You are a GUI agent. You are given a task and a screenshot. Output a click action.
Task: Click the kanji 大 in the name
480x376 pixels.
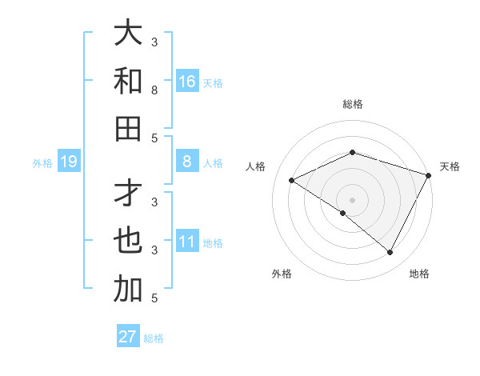[x=128, y=34]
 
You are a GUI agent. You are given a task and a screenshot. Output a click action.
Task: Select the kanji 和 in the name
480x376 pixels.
[x=128, y=82]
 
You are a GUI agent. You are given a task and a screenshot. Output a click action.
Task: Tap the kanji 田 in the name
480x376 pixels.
[x=128, y=129]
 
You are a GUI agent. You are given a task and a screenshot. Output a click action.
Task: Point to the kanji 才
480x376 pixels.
[x=128, y=194]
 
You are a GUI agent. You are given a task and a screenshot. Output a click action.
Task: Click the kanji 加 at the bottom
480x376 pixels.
[x=128, y=290]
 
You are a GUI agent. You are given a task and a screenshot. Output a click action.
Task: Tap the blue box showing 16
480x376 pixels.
[x=186, y=82]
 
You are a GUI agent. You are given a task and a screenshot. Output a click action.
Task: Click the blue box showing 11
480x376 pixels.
[x=186, y=242]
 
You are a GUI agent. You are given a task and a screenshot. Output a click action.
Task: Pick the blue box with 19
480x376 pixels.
[x=68, y=162]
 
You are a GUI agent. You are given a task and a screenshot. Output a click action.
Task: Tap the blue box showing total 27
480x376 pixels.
[x=128, y=337]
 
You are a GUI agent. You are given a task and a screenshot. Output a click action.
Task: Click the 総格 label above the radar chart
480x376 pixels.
[x=352, y=104]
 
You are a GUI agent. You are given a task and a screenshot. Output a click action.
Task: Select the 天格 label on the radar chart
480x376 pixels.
[x=450, y=166]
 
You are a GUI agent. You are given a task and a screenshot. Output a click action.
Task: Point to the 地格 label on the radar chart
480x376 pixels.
[x=419, y=274]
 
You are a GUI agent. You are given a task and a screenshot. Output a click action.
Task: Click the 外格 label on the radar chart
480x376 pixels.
[x=282, y=274]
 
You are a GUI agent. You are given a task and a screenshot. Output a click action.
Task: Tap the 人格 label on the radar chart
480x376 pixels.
[x=255, y=166]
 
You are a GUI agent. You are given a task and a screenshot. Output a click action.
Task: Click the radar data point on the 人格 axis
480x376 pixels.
[x=292, y=181]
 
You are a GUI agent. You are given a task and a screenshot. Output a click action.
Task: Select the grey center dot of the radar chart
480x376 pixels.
[x=352, y=200]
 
